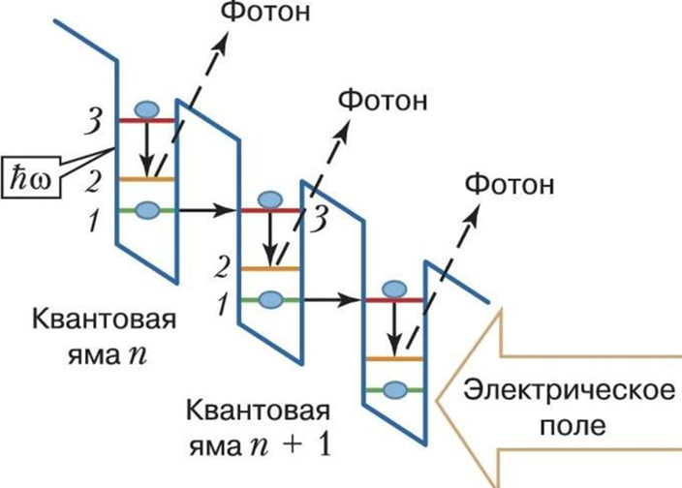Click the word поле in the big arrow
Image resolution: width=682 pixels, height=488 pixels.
(568, 425)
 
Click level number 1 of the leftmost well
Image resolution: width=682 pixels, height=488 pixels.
(93, 221)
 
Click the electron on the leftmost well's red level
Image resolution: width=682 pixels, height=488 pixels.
(146, 109)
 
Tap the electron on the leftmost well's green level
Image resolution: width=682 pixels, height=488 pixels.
(146, 209)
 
